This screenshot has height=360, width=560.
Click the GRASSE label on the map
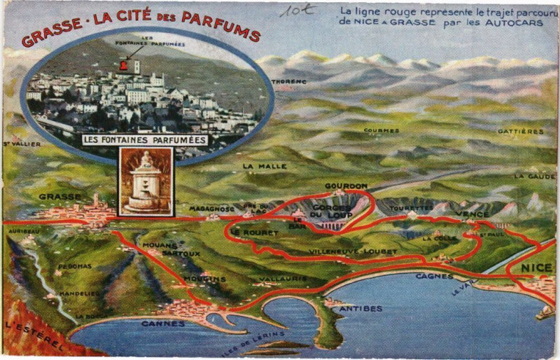(60, 197)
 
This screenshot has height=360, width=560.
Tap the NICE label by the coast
(537, 268)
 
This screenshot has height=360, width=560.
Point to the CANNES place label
(163, 324)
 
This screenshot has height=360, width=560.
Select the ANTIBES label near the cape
(360, 308)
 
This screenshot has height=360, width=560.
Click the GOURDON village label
(346, 186)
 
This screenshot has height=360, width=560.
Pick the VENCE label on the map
(472, 214)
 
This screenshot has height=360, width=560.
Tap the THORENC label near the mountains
(289, 81)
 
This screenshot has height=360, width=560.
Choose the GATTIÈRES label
(521, 131)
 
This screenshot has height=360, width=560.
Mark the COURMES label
(381, 130)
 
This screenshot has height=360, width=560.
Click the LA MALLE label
(255, 166)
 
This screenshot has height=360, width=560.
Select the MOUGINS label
(204, 279)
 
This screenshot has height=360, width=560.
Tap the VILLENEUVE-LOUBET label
(344, 251)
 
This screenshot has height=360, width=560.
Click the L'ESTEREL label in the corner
(34, 335)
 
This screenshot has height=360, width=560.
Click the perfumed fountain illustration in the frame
(146, 181)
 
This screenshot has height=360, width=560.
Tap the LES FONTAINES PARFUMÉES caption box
(145, 139)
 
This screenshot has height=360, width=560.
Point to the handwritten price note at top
(297, 10)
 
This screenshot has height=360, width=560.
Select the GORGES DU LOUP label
(332, 211)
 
